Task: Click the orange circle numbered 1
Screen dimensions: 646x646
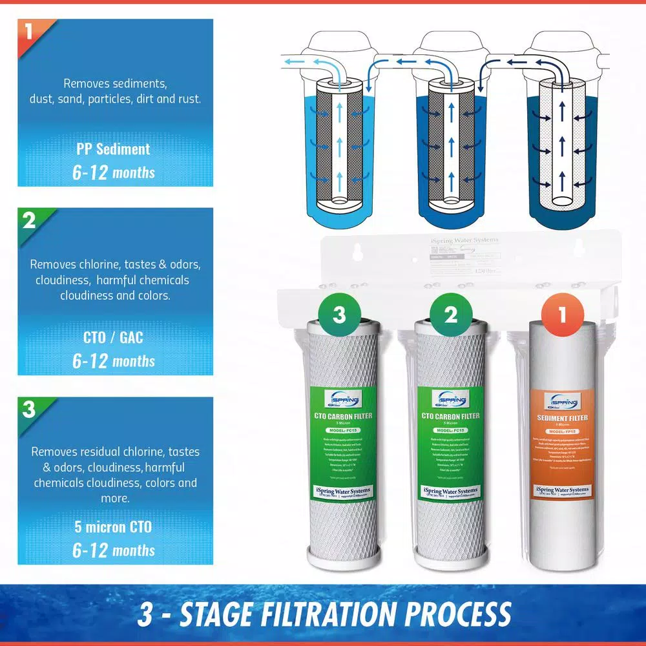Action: pyautogui.click(x=561, y=315)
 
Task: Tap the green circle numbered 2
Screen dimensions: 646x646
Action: pyautogui.click(x=450, y=315)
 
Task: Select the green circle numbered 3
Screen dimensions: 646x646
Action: pyautogui.click(x=340, y=315)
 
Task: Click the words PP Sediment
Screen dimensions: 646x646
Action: pyautogui.click(x=113, y=149)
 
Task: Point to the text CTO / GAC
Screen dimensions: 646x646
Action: pyautogui.click(x=113, y=338)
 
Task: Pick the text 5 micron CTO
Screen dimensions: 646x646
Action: pyautogui.click(x=113, y=527)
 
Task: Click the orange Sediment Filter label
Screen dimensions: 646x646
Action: pyautogui.click(x=561, y=446)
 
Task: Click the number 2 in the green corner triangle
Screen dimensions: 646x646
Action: pyautogui.click(x=28, y=220)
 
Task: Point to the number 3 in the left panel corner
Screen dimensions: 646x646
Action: pyautogui.click(x=28, y=409)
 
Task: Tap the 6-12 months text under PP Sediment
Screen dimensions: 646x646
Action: pyautogui.click(x=113, y=172)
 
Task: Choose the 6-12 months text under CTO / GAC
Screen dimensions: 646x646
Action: pyautogui.click(x=113, y=361)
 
